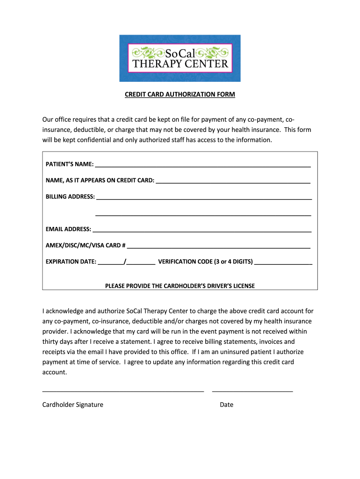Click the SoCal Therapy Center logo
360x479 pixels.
tap(180, 58)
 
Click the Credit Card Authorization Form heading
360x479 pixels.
tap(180, 94)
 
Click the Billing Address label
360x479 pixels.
tap(70, 196)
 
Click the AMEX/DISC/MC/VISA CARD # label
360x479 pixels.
tap(85, 245)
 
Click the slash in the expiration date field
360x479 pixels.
tap(125, 261)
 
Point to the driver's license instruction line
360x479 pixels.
tap(180, 286)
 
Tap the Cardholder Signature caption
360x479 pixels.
tap(72, 405)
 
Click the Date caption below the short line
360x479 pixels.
tap(226, 405)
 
